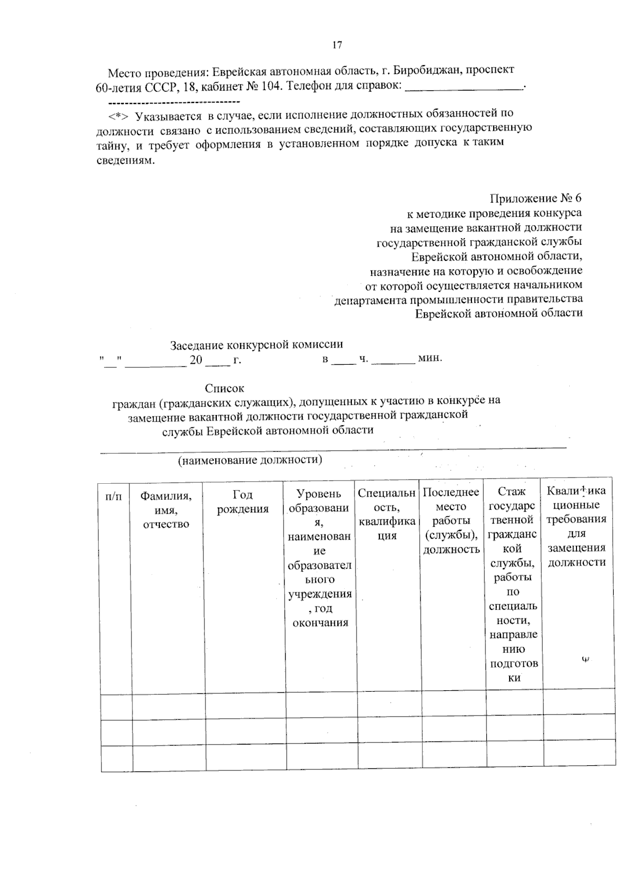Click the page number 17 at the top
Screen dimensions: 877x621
(336, 45)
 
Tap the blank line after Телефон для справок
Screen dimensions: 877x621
(464, 86)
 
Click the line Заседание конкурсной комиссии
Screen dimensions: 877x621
(256, 345)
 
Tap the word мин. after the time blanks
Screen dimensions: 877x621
(430, 358)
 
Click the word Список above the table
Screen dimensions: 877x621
(224, 388)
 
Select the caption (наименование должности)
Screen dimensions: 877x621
(250, 460)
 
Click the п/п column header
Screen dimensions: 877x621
(114, 496)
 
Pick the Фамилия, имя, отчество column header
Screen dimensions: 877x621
(166, 510)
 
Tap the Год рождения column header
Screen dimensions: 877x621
(243, 502)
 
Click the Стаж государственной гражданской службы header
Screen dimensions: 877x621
(513, 584)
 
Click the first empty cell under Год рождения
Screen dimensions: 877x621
(246, 707)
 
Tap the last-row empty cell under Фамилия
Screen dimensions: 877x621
(169, 758)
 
